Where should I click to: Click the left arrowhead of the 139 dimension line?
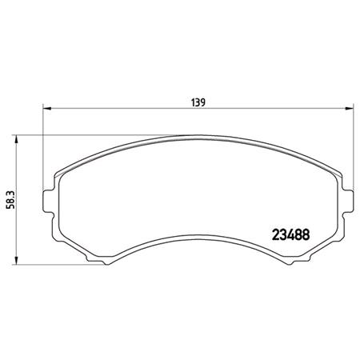coord(44,108)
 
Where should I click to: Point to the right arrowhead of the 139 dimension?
coord(351,108)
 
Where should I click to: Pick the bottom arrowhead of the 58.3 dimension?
coord(17,263)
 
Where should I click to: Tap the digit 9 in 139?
coord(205,102)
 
